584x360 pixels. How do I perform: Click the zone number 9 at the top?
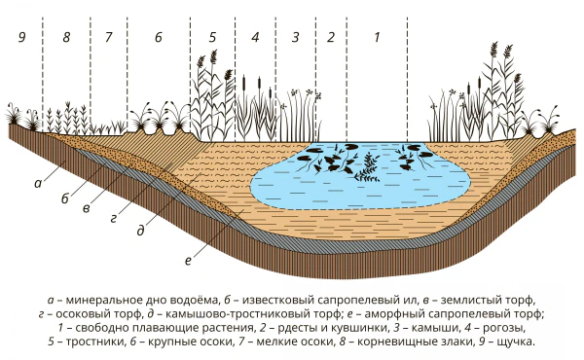click(x=22, y=37)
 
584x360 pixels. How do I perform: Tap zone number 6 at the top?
click(x=159, y=37)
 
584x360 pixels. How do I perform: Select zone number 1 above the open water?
click(x=377, y=37)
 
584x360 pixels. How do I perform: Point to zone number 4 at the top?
click(x=255, y=37)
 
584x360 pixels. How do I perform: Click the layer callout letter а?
click(x=38, y=183)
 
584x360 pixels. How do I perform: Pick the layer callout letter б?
click(x=65, y=198)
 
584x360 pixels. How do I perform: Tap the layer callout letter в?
click(x=87, y=208)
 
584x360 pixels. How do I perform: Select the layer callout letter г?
click(x=114, y=219)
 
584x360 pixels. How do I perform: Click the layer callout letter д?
click(x=140, y=231)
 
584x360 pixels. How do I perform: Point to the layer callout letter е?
click(x=188, y=261)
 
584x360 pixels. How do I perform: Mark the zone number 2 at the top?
click(x=331, y=37)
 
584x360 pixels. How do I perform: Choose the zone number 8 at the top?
click(x=66, y=37)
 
